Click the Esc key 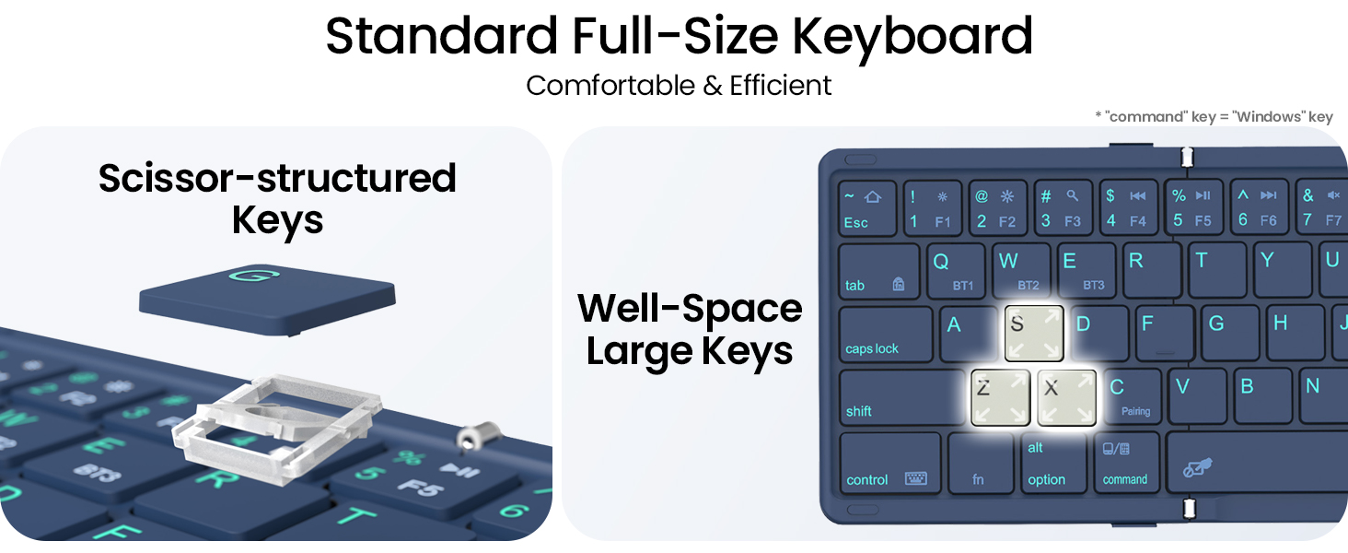coord(866,207)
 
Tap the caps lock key coord(885,334)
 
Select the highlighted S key coord(1034,333)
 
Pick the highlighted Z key coord(1001,397)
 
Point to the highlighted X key coord(1066,397)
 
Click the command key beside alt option coord(1126,463)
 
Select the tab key coord(878,272)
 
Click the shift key coord(901,398)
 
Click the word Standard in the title coord(439,37)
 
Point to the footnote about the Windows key coord(1213,117)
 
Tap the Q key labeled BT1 coord(954,272)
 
